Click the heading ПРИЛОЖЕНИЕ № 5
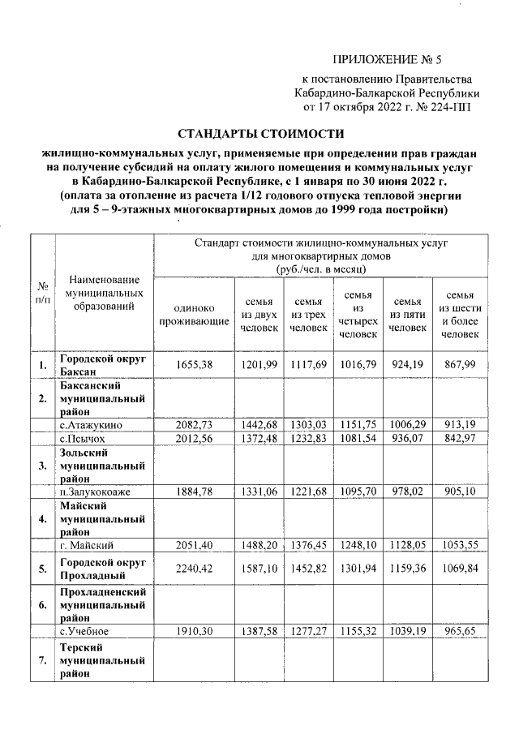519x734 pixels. tap(391, 59)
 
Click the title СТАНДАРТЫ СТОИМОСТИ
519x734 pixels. tap(260, 133)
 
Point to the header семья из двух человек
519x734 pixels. tap(259, 315)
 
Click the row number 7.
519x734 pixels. tap(41, 663)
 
